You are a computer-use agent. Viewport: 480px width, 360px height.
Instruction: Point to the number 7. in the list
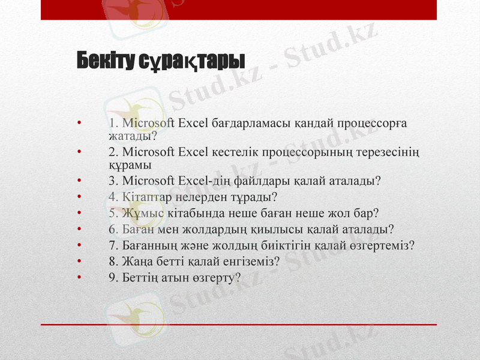click(x=113, y=245)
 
